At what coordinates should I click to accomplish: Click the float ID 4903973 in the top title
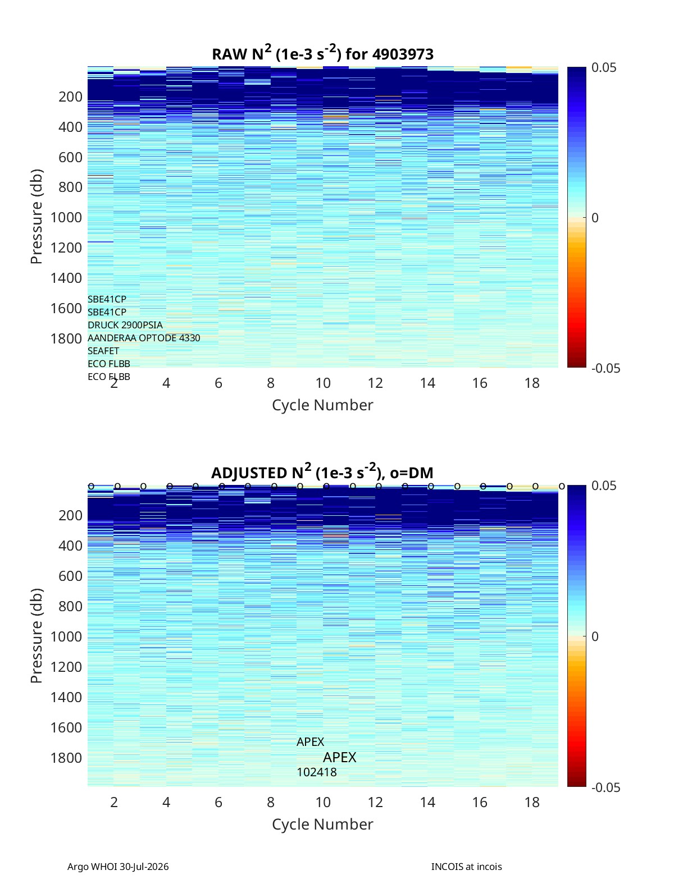403,54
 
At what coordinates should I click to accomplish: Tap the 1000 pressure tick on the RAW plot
66,217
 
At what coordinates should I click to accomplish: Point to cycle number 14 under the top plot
427,383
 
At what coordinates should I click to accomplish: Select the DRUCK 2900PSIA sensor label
125,325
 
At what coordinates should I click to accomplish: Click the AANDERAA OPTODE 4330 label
144,338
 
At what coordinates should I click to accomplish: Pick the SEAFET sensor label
103,351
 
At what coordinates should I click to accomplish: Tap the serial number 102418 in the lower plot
317,772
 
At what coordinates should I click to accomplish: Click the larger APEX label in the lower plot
340,757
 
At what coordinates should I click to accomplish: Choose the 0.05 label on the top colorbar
604,67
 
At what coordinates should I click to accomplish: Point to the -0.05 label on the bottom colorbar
606,787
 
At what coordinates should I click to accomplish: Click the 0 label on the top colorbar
595,218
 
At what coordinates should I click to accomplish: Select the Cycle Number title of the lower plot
323,824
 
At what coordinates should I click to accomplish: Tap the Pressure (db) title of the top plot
37,217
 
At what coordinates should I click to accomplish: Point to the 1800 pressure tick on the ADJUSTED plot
66,758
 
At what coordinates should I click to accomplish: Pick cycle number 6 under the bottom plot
218,802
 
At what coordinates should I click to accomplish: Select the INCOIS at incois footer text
467,867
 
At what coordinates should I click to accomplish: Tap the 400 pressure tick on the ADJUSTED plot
71,546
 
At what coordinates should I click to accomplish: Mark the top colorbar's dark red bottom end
576,367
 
